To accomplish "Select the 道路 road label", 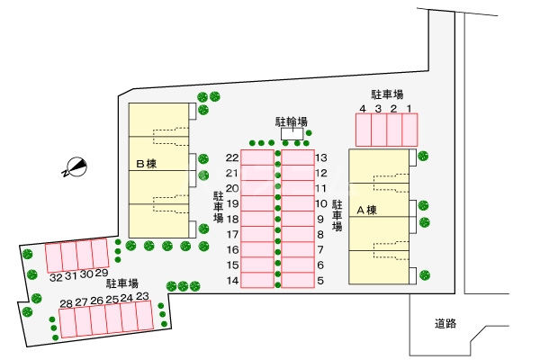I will [445, 324].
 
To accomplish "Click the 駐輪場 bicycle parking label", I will [292, 121].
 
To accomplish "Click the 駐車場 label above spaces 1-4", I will [387, 94].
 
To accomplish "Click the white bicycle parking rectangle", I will [293, 134].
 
